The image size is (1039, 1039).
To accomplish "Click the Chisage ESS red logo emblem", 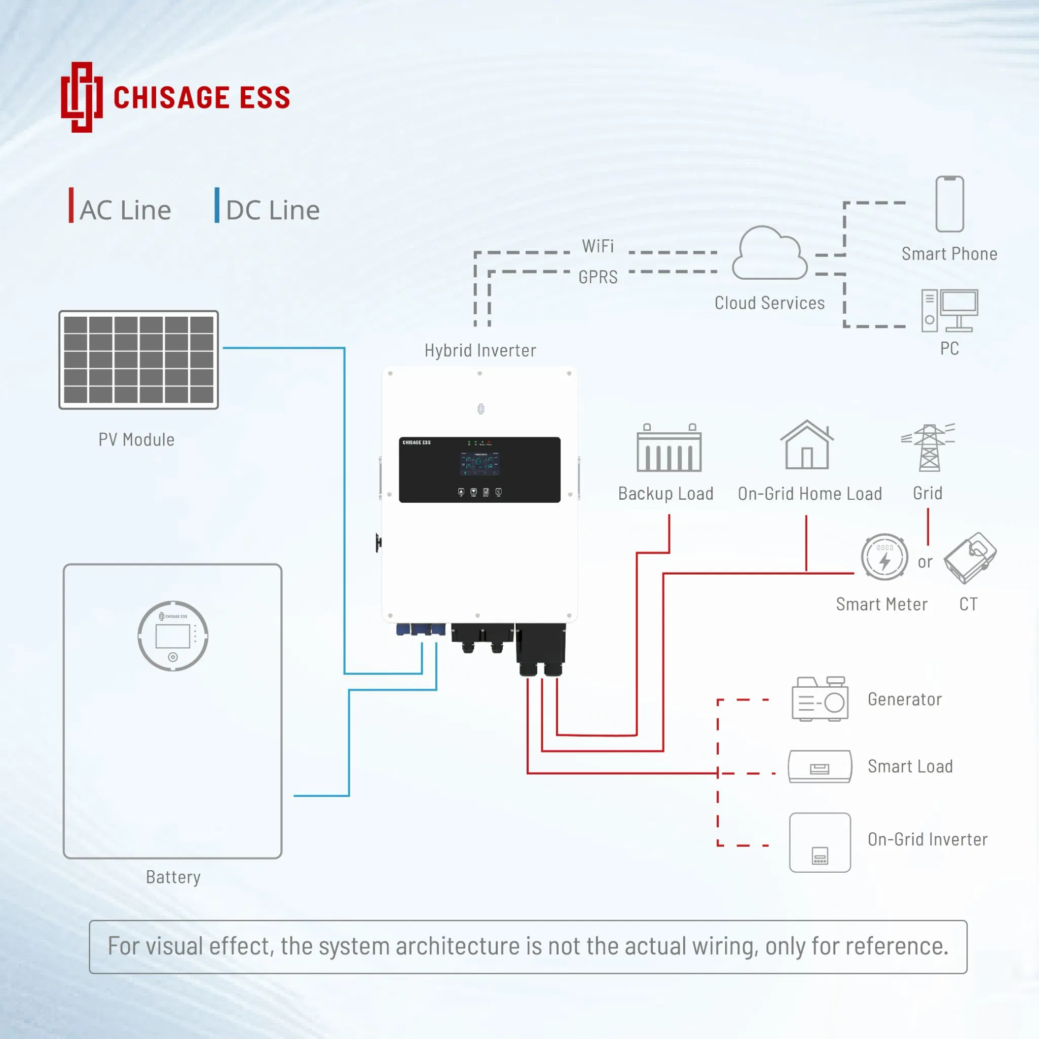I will (x=82, y=97).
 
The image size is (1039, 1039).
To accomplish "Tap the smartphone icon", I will (x=949, y=204).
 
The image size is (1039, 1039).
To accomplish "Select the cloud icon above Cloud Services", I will (x=769, y=253).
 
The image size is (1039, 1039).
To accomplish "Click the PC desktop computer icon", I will (x=949, y=311).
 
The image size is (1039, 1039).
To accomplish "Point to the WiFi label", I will (x=598, y=246).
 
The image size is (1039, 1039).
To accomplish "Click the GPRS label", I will (x=598, y=277).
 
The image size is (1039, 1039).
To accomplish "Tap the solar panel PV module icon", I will (x=139, y=360).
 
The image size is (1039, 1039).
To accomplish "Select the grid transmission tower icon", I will (x=929, y=448).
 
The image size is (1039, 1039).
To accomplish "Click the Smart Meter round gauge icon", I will (x=884, y=557).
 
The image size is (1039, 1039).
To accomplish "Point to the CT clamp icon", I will (x=970, y=558).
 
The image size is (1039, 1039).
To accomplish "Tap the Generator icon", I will (x=820, y=698).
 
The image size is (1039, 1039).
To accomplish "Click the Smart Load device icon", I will (x=820, y=766).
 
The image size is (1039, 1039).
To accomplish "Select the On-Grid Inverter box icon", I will (x=820, y=842).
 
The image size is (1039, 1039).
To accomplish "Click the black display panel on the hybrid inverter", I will (x=479, y=470).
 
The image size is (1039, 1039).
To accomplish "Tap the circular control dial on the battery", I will (x=173, y=636).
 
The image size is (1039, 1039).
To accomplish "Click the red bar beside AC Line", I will (x=71, y=205).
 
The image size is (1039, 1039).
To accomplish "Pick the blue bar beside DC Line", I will (x=217, y=205).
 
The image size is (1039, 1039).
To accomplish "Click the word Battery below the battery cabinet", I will (x=173, y=877).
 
